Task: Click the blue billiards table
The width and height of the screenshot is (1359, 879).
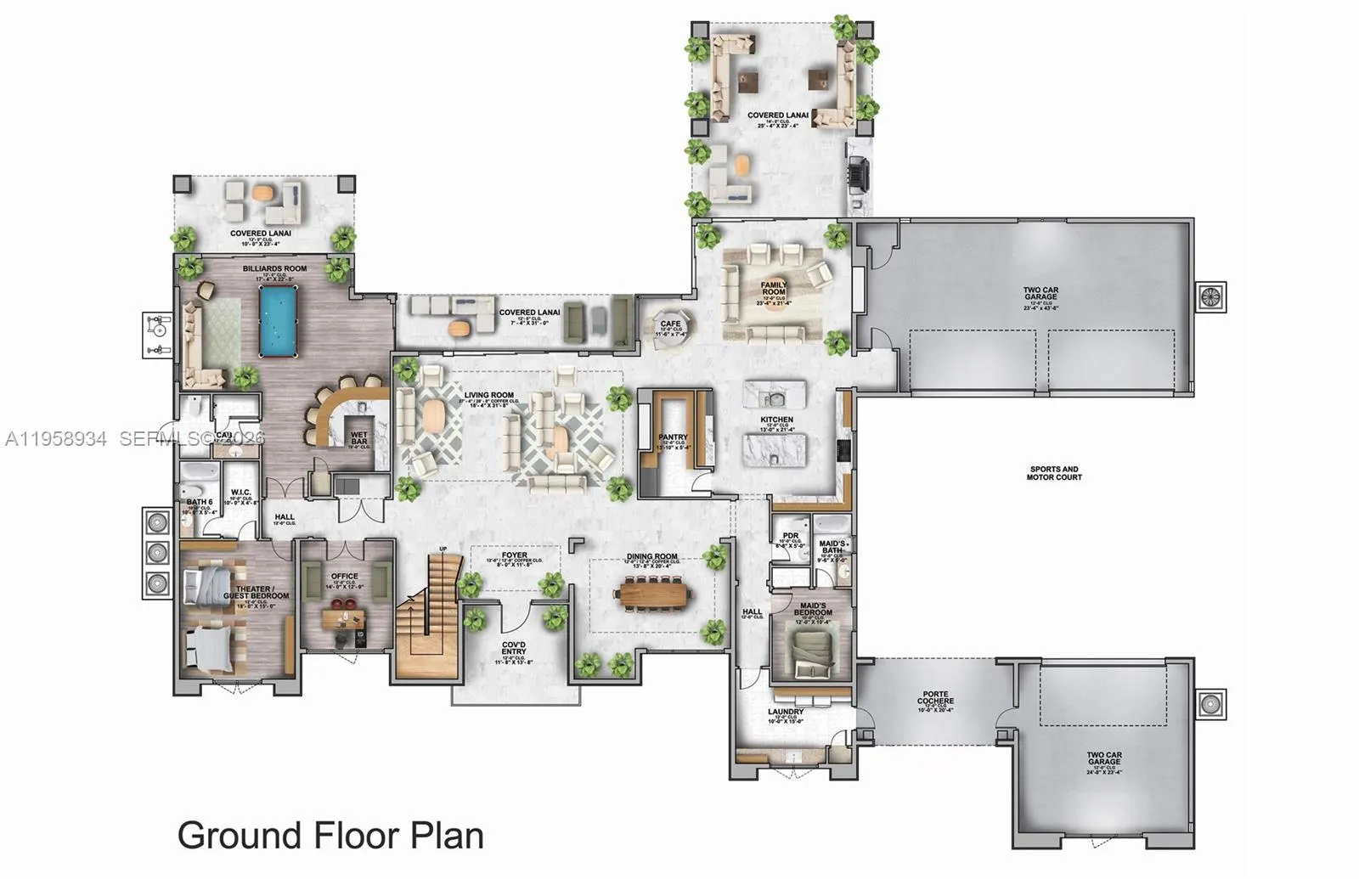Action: click(x=279, y=321)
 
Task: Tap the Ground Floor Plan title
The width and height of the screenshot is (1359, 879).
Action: click(x=330, y=835)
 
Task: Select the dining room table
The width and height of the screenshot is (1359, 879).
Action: click(x=652, y=593)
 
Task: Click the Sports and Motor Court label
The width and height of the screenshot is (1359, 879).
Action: click(x=1054, y=473)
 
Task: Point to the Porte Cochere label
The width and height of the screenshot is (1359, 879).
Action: click(x=935, y=698)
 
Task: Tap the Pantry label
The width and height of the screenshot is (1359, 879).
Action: click(x=673, y=437)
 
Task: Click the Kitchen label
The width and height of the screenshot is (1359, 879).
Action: click(x=777, y=420)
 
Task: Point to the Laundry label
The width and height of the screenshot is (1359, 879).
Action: click(x=786, y=712)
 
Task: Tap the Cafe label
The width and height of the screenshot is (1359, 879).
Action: click(x=671, y=324)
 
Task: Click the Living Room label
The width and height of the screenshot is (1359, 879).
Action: click(x=489, y=395)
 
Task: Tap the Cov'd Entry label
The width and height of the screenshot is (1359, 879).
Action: click(x=513, y=648)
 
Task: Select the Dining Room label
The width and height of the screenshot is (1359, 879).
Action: click(x=651, y=556)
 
